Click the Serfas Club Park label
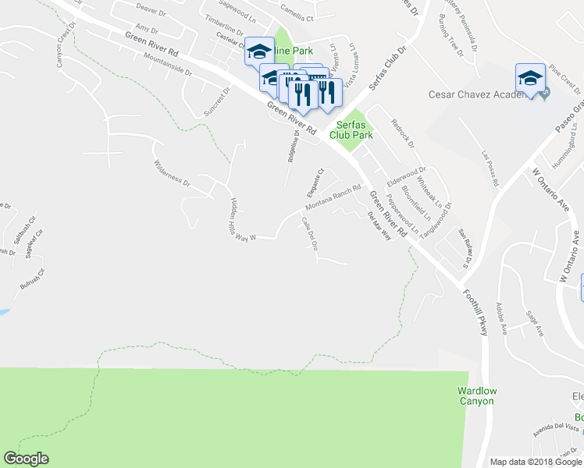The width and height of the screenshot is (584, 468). tap(351, 129)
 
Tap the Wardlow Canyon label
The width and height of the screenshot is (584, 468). tap(476, 395)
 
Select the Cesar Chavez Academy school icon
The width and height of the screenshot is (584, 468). tap(529, 79)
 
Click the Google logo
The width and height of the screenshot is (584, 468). tap(27, 459)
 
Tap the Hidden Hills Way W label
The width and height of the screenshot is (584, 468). tap(242, 219)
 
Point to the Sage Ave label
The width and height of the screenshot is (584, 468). tap(535, 322)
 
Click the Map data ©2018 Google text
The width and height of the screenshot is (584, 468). tap(535, 462)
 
